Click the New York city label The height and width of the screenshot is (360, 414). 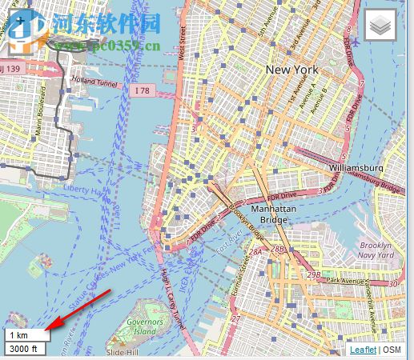[x=291, y=70]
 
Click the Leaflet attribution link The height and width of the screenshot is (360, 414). [x=364, y=350]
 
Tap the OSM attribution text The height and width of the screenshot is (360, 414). [x=392, y=350]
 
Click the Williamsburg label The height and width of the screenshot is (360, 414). [x=356, y=168]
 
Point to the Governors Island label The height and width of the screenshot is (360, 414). [x=144, y=326]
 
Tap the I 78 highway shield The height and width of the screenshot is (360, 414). [x=143, y=91]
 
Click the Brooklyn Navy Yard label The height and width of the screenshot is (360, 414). [x=375, y=250]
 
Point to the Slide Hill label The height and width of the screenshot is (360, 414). [x=123, y=352]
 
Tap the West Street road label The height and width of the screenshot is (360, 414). [x=183, y=42]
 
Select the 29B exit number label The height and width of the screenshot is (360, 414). [x=314, y=274]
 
